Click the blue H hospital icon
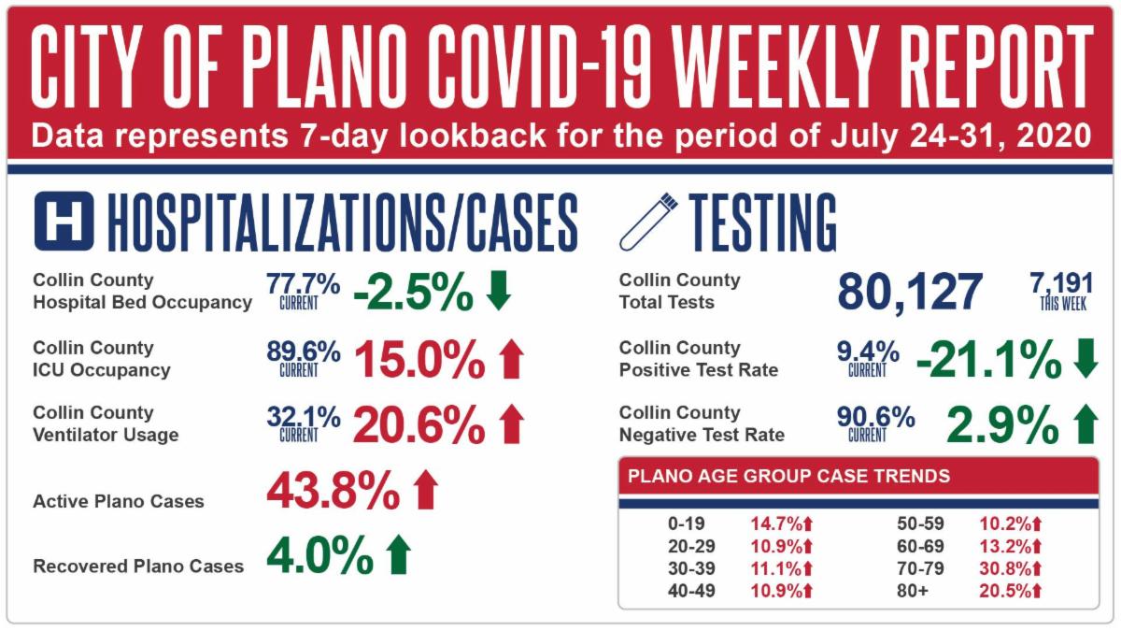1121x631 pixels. pos(64,221)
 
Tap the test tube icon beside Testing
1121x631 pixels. pos(647,221)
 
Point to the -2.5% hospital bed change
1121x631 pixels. pos(412,293)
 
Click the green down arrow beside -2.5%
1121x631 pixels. pos(500,292)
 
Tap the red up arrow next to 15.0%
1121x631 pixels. pos(510,359)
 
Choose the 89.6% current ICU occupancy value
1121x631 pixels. pos(303,352)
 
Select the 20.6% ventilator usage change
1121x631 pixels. pos(419,426)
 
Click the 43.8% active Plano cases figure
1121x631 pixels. pos(333,489)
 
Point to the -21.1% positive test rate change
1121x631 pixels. pos(988,359)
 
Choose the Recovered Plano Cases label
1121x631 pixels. pos(138,566)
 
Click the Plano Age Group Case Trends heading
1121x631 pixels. pos(789,477)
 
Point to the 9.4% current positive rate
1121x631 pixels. pos(868,352)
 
